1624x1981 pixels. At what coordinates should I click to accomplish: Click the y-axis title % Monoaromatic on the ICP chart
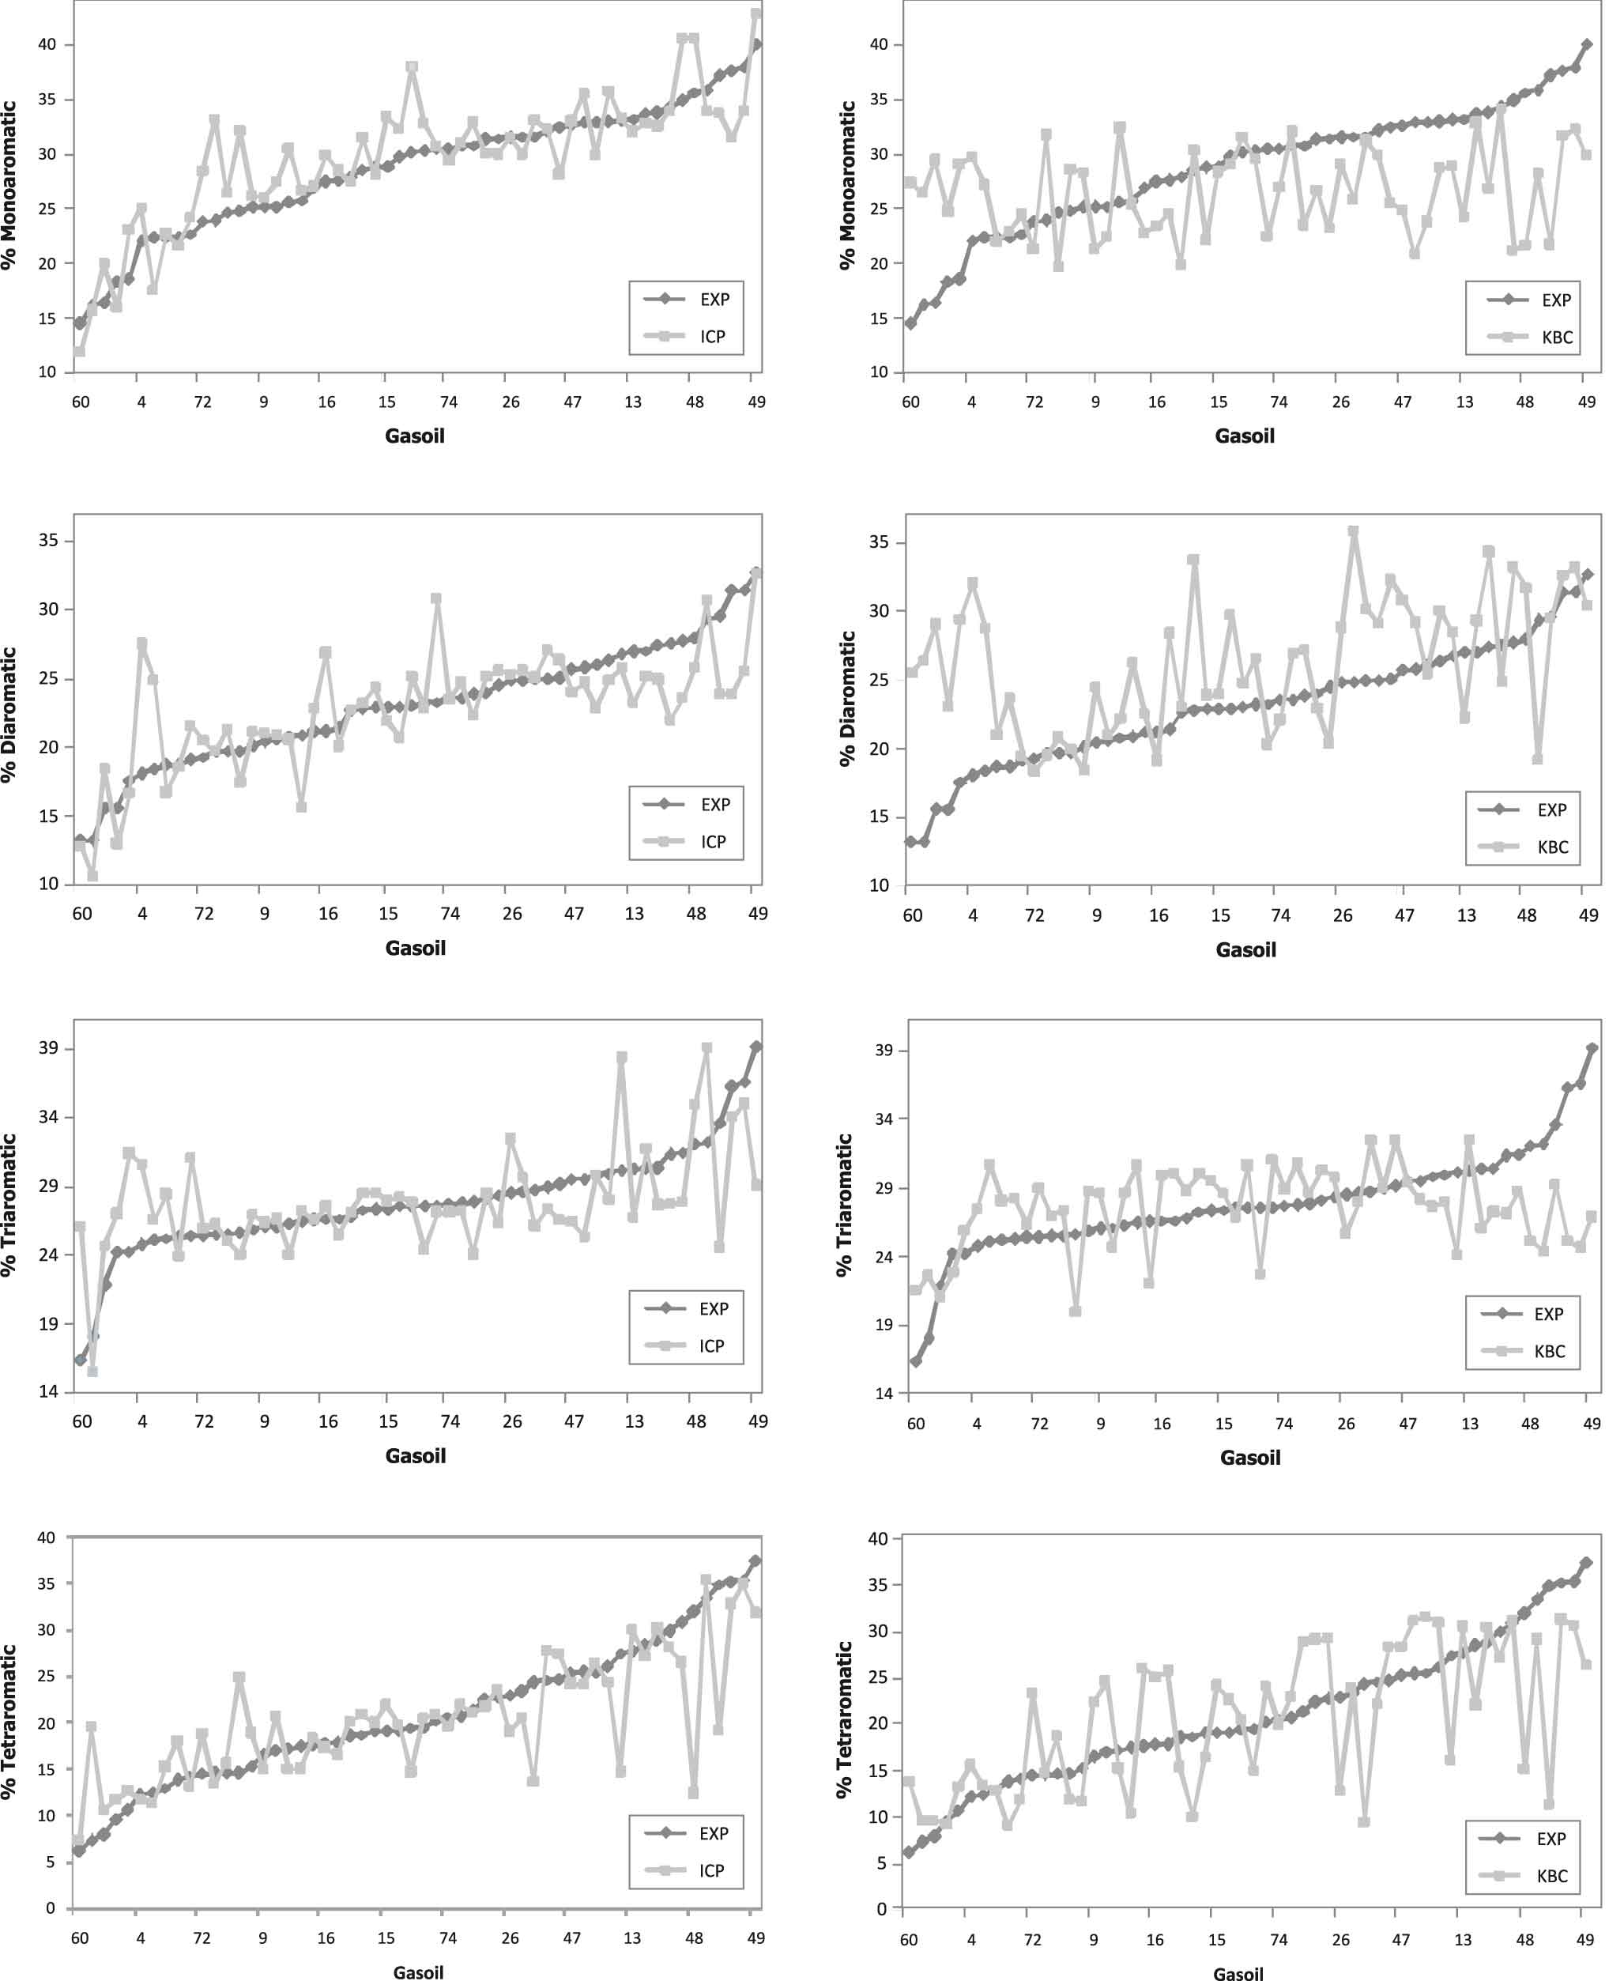(10, 185)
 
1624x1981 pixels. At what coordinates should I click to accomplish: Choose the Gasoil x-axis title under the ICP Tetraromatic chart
(418, 1972)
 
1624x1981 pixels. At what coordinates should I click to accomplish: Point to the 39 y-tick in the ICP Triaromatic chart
(47, 1048)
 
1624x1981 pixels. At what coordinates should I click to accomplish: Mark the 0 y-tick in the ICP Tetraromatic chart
(51, 1908)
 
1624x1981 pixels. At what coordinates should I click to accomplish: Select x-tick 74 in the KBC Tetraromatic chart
(1278, 1940)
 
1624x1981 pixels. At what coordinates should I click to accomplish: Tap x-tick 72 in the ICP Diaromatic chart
(203, 913)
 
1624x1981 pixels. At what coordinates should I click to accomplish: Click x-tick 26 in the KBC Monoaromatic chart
(1340, 402)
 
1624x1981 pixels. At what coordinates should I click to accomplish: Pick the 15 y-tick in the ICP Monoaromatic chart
(47, 318)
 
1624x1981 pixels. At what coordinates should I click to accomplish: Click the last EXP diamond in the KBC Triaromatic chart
(1592, 1049)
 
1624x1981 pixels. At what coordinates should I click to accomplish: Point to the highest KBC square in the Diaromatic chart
(1353, 531)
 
